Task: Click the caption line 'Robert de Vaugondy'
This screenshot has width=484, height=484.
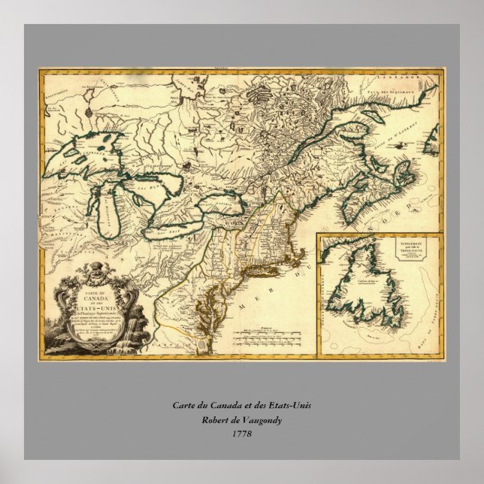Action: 241,419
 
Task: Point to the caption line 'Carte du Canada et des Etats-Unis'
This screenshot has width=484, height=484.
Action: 241,406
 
